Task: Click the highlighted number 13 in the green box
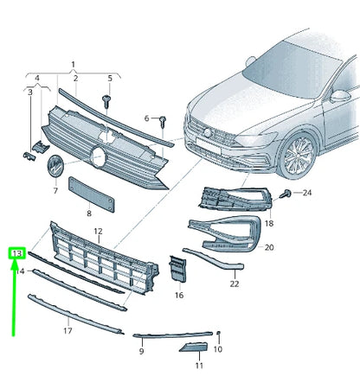(x=17, y=253)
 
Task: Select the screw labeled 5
(x=106, y=101)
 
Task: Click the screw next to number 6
(x=163, y=121)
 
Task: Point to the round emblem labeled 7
(x=55, y=167)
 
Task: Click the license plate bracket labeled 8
(x=91, y=194)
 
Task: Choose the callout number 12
(x=98, y=231)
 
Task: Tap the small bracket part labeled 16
(x=177, y=269)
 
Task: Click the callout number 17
(x=67, y=330)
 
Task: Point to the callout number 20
(x=269, y=247)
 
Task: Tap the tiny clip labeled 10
(x=218, y=333)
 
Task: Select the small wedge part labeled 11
(x=193, y=347)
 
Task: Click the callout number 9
(x=141, y=351)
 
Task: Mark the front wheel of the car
(x=297, y=156)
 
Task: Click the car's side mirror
(x=340, y=96)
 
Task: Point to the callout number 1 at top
(x=73, y=64)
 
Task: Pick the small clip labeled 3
(x=29, y=156)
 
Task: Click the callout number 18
(x=269, y=223)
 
